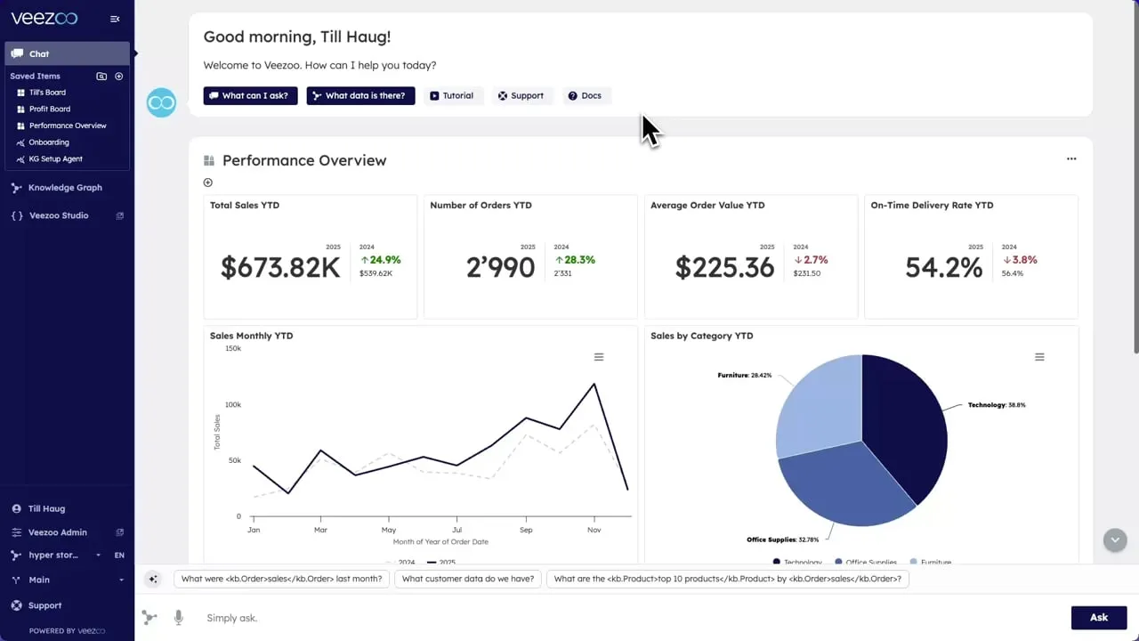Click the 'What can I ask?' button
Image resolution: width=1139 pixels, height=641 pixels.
click(250, 95)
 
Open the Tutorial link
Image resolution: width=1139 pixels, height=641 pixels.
click(452, 95)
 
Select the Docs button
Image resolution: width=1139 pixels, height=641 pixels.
click(586, 95)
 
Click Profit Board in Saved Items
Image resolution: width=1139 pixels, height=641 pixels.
click(49, 109)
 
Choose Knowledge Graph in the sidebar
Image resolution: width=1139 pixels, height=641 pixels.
click(64, 188)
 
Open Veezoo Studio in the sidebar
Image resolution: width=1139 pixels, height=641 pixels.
click(58, 215)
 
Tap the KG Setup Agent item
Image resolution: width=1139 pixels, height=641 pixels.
click(55, 158)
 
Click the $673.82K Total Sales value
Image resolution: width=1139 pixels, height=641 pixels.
click(280, 267)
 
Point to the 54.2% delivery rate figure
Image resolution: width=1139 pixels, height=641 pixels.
click(944, 267)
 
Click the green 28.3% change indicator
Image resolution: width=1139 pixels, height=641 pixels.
click(576, 260)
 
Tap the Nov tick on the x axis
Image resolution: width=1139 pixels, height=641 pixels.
click(594, 530)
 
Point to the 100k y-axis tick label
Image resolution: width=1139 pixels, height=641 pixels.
click(233, 404)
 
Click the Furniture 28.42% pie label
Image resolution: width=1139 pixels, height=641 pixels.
click(745, 376)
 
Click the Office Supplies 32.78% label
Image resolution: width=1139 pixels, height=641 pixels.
click(782, 540)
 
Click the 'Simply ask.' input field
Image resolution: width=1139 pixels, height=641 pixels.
click(623, 618)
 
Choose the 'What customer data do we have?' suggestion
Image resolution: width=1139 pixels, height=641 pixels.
click(468, 579)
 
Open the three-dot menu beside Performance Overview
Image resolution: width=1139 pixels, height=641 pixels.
click(1071, 159)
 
